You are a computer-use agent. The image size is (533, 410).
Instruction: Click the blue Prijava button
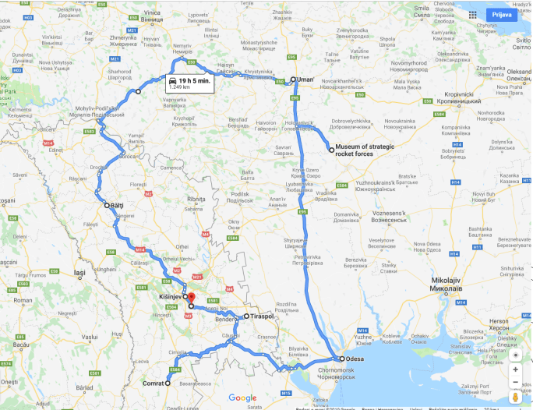point(499,15)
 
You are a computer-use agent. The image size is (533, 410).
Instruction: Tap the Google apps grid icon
point(471,15)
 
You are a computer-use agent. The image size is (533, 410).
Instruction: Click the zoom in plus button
point(515,369)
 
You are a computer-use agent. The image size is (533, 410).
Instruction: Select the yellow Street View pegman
point(515,399)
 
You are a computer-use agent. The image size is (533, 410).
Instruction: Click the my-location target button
point(515,354)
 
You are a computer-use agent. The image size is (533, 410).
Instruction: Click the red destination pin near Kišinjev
point(191,301)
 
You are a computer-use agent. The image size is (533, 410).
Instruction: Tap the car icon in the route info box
point(171,81)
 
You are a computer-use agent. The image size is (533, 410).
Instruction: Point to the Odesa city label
point(355,359)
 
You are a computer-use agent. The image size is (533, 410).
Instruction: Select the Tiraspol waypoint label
point(263,316)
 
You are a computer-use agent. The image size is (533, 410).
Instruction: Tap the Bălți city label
point(118,206)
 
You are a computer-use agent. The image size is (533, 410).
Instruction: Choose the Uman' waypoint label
point(306,80)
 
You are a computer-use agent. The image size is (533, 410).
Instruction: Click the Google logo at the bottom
point(242,398)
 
